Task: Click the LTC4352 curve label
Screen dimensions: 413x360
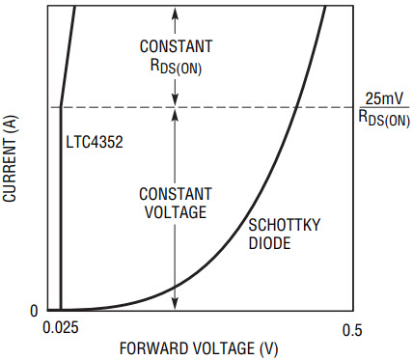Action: (95, 142)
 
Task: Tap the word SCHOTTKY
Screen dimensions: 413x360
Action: (285, 225)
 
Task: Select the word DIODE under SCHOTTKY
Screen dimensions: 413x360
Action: (269, 243)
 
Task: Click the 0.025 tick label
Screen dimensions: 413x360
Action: (61, 327)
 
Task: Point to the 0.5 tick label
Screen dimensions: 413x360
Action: (352, 330)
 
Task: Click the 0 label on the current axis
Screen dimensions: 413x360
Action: (34, 311)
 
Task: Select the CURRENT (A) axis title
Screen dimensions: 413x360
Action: (10, 159)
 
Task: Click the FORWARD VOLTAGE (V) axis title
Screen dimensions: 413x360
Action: (199, 349)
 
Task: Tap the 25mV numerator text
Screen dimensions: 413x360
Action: (384, 98)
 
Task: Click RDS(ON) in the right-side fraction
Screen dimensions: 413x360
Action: (384, 118)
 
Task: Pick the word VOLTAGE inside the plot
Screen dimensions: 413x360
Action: (176, 212)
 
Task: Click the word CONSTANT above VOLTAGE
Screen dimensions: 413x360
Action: (176, 194)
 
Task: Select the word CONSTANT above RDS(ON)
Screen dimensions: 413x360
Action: (176, 46)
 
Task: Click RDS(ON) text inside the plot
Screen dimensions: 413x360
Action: (176, 67)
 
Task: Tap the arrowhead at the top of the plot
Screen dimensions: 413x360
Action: (175, 12)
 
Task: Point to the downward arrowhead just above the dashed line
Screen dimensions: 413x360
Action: (175, 100)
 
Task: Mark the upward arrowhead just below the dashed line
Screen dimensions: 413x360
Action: (175, 115)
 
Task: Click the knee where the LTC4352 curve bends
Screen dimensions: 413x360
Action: (61, 107)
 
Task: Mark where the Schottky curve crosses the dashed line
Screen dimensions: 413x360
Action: (296, 107)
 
